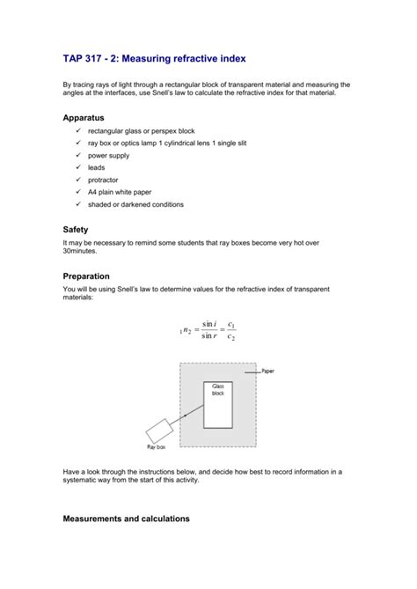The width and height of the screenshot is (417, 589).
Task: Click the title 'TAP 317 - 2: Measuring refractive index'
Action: point(154,58)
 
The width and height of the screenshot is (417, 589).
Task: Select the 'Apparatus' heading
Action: point(84,116)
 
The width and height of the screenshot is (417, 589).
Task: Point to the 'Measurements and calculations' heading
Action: point(126,519)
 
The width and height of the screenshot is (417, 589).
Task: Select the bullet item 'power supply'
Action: point(108,156)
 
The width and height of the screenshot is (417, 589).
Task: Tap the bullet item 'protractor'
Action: point(103,180)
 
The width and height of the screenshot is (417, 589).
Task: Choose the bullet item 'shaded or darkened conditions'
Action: point(135,204)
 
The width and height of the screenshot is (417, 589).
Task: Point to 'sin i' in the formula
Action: point(208,324)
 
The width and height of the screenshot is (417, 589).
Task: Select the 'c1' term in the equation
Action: point(230,324)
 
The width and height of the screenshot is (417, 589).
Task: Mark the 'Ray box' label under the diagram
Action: point(156,446)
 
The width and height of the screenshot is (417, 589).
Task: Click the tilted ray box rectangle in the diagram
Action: point(161,431)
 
